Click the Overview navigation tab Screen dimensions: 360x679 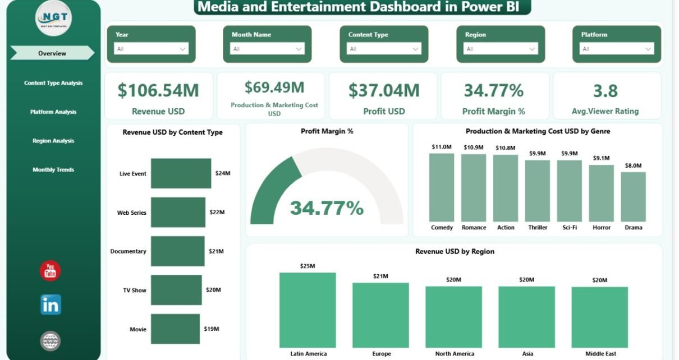[x=52, y=53]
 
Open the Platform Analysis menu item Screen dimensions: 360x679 [x=53, y=112]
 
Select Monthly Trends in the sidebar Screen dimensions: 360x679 [x=53, y=169]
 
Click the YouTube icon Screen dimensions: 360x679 [x=51, y=271]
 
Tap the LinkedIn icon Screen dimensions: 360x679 [x=51, y=304]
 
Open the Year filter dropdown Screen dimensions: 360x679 [x=151, y=49]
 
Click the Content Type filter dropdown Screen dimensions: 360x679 [x=384, y=49]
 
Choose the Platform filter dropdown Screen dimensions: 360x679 [x=617, y=49]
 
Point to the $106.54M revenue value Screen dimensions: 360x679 [x=158, y=90]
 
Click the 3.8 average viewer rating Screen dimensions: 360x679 [x=605, y=90]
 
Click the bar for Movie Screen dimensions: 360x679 [x=175, y=329]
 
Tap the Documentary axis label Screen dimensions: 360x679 [x=128, y=251]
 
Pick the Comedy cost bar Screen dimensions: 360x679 [x=442, y=187]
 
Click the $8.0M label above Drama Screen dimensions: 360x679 [x=633, y=165]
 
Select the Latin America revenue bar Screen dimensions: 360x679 [x=308, y=310]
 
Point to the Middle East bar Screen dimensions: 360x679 [x=599, y=317]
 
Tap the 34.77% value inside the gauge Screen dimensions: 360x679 [x=327, y=208]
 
